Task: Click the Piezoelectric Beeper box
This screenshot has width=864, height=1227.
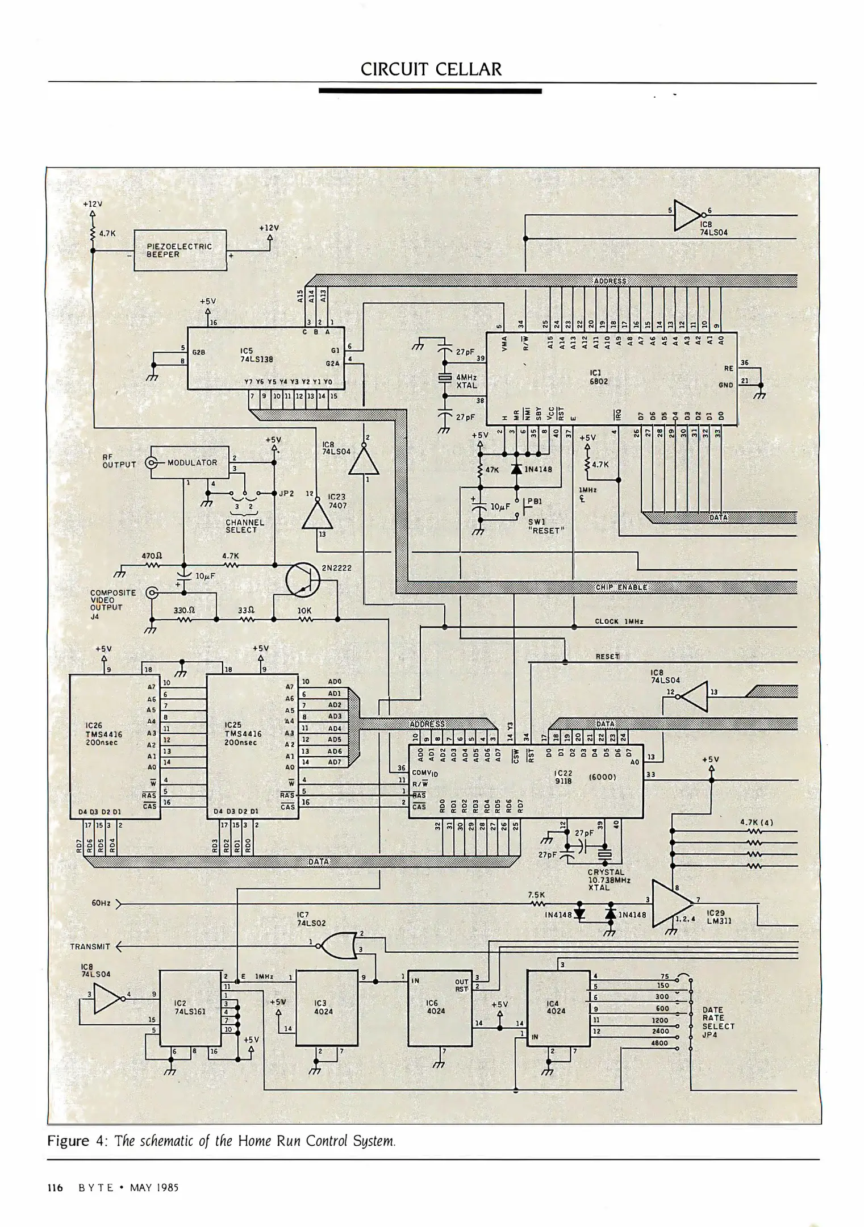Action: click(x=180, y=250)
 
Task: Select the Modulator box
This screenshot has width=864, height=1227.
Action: click(x=191, y=462)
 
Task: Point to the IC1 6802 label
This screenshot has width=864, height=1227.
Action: click(x=599, y=377)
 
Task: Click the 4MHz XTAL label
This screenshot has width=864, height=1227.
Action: click(x=466, y=381)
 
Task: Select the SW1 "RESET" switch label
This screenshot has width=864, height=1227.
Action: click(x=545, y=526)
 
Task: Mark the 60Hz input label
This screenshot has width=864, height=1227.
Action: click(x=101, y=903)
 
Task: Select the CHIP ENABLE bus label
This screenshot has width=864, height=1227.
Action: click(x=621, y=587)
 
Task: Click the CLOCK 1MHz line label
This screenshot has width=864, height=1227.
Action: click(x=618, y=621)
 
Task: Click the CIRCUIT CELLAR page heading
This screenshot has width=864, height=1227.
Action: click(x=431, y=69)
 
